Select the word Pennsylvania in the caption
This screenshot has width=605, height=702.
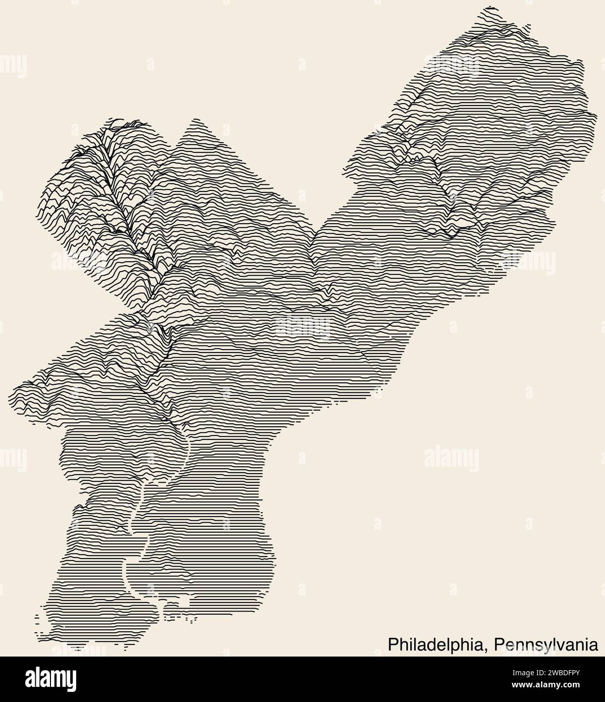click(546, 644)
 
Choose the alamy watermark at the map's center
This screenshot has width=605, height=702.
click(303, 326)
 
